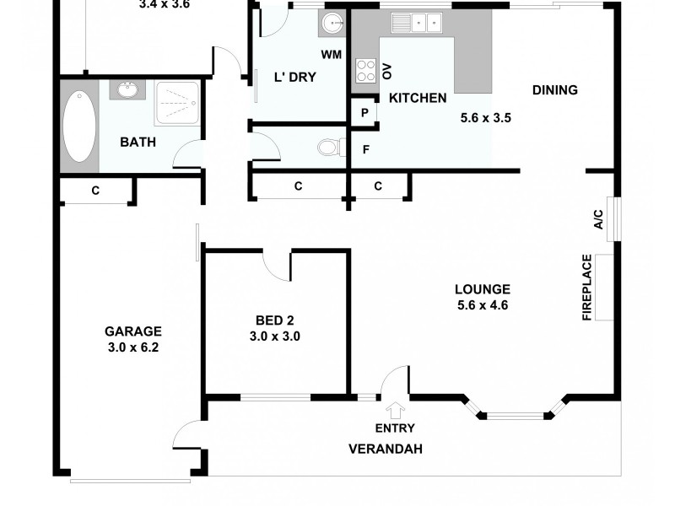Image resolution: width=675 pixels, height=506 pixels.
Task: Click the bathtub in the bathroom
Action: coord(79,126)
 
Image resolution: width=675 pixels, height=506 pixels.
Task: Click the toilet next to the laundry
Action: coord(328,148)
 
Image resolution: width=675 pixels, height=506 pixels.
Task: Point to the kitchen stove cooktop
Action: coord(365,70)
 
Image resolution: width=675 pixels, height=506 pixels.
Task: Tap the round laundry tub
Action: coord(332,24)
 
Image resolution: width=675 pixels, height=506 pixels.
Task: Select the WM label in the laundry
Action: coord(331,56)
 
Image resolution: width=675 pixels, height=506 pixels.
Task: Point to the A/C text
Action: coord(598,218)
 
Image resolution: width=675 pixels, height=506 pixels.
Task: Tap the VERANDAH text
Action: coord(386,449)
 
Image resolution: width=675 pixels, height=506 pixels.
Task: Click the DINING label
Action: coord(554,90)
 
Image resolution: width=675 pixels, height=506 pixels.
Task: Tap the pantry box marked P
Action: coord(364,113)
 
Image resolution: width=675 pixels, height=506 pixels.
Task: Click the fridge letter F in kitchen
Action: coord(364,150)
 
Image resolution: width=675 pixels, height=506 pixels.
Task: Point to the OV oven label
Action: coord(387,71)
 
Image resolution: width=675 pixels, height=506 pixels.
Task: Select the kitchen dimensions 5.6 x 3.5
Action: coord(485,118)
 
